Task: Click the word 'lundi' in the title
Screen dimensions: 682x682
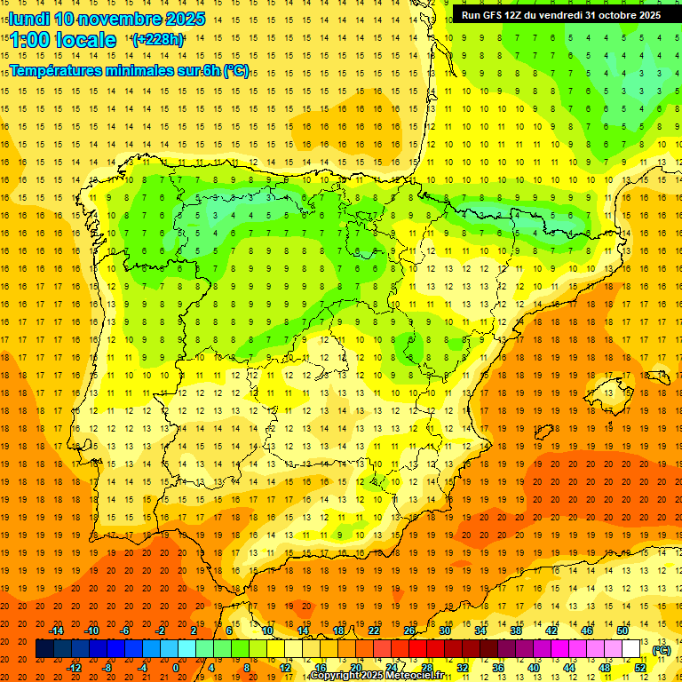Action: tap(29, 19)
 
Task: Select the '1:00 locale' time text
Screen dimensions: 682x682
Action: tap(64, 40)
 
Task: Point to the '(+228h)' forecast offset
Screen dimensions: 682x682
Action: tap(158, 39)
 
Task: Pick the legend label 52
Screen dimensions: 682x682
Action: tap(640, 668)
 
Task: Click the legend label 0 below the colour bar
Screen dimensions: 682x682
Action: tap(176, 668)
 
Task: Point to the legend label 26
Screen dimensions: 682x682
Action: tap(409, 630)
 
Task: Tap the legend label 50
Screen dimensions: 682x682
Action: tap(623, 630)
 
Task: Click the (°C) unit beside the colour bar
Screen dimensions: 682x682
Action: tap(662, 650)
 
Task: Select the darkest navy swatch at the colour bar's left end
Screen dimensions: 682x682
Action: tap(44, 649)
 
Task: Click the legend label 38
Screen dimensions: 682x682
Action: tap(516, 630)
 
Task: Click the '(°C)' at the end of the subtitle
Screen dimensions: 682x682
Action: tap(235, 71)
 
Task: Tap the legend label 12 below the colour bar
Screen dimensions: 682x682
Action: tap(285, 668)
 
